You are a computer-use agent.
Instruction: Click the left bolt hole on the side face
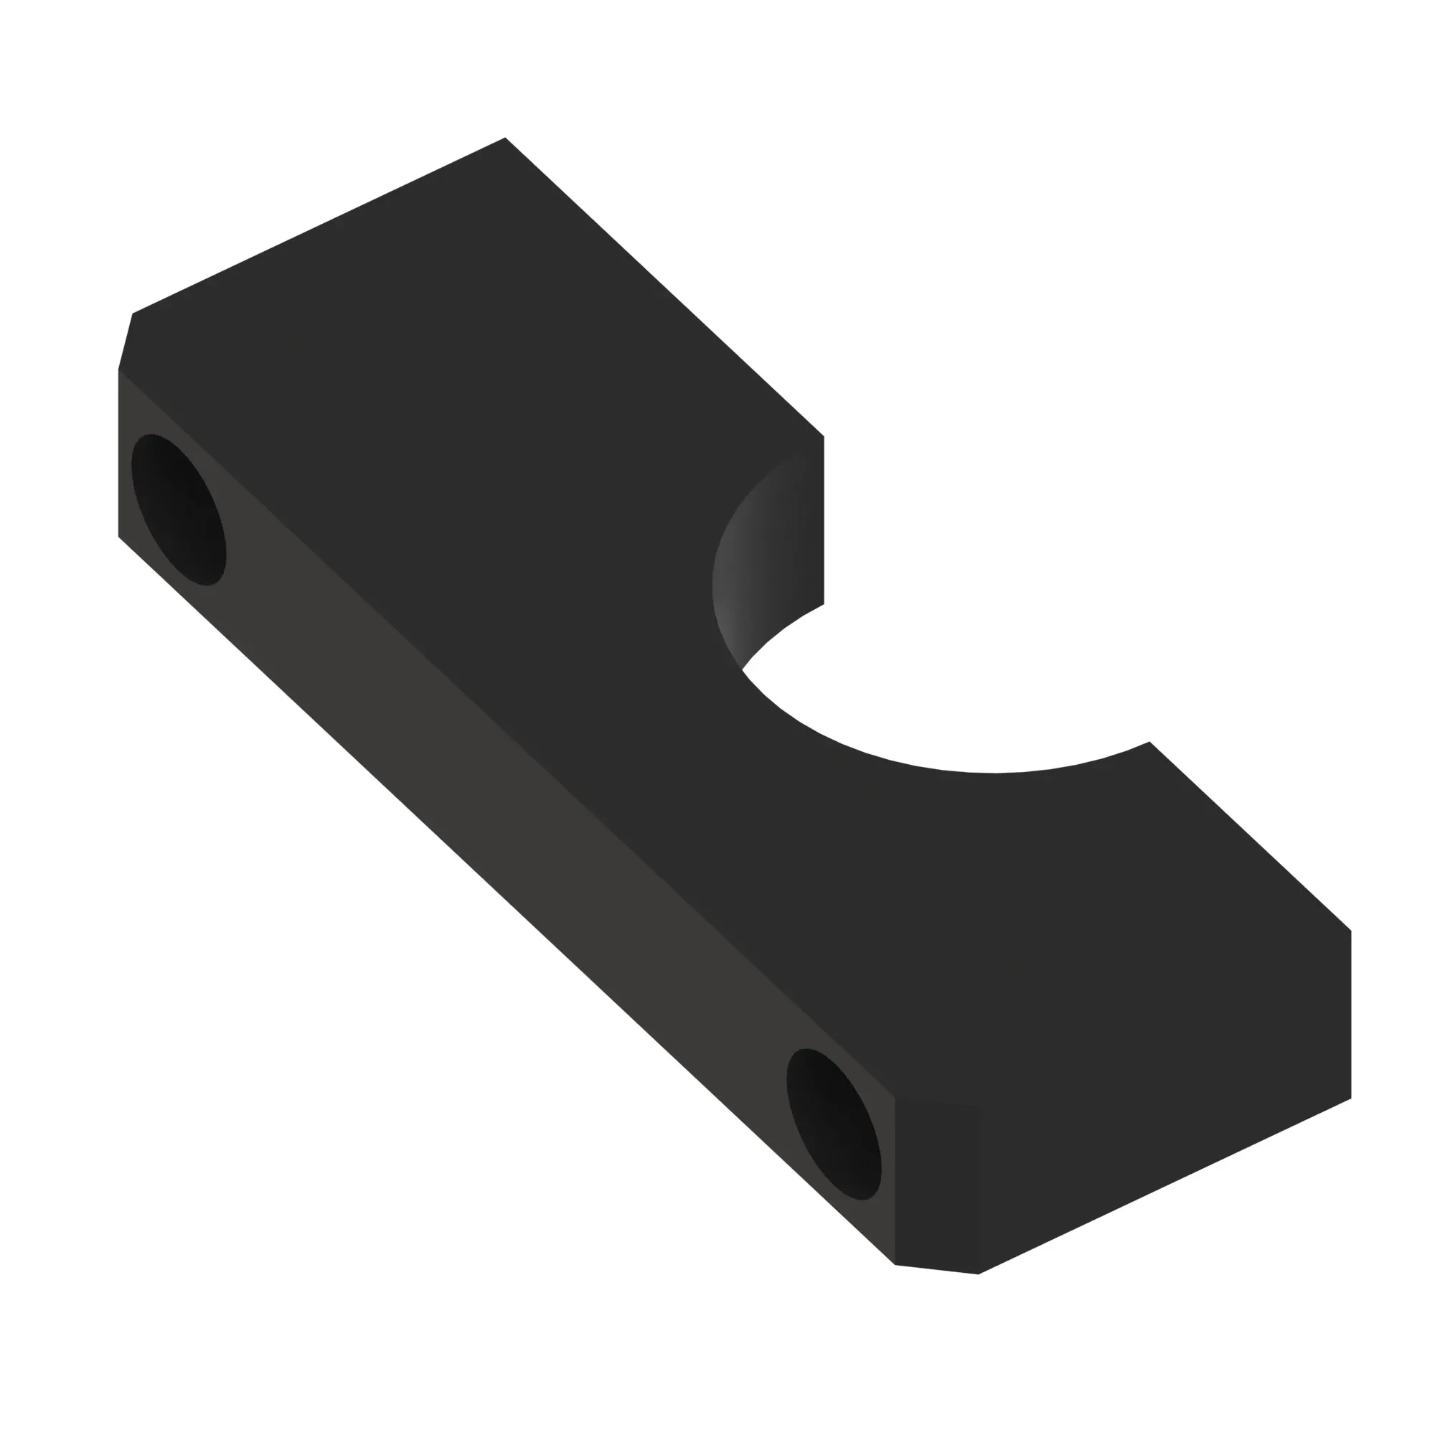click(178, 509)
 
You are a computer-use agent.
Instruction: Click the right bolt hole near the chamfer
click(833, 1124)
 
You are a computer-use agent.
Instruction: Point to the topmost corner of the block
click(505, 138)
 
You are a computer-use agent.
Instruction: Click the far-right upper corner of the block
click(1350, 930)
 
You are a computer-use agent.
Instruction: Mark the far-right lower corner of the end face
click(1350, 1098)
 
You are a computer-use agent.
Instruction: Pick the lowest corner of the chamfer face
click(978, 1274)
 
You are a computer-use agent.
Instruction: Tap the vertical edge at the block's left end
click(119, 453)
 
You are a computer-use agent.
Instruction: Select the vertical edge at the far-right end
click(1350, 1014)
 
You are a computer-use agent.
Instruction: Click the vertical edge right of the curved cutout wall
click(824, 520)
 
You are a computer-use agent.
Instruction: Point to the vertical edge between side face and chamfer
click(895, 1181)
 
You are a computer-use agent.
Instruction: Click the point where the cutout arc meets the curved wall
click(742, 670)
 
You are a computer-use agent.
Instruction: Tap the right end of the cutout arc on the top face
click(1149, 741)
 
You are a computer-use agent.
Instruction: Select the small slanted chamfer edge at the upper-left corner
click(126, 341)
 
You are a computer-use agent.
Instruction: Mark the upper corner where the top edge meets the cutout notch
click(824, 436)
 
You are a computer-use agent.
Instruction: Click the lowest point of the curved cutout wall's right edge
click(824, 604)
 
